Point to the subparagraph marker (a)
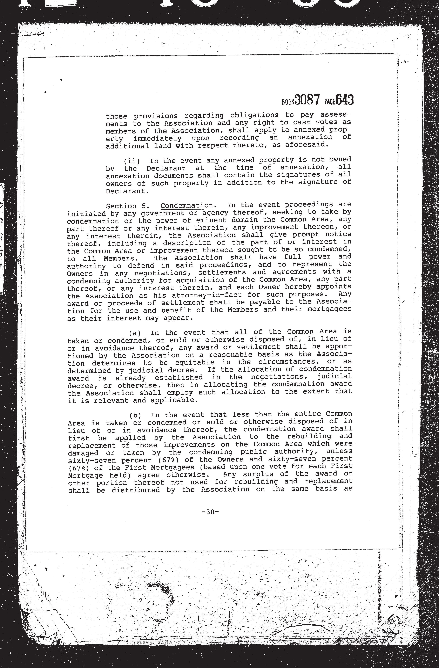tap(135, 333)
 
